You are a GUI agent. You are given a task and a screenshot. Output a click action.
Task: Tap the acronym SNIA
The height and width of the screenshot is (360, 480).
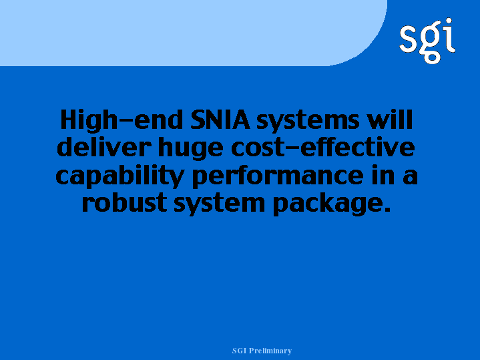220,120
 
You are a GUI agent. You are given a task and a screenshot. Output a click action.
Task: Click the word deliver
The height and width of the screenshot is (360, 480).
103,147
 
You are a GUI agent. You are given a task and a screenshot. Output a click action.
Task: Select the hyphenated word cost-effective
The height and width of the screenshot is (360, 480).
322,147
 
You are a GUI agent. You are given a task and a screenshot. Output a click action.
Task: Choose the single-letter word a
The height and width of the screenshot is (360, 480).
410,177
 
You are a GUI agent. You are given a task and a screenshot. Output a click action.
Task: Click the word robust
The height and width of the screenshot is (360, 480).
124,202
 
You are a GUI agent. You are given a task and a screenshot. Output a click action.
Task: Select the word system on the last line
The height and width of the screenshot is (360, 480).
219,204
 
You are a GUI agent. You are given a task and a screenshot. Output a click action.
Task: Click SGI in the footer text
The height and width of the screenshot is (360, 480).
240,351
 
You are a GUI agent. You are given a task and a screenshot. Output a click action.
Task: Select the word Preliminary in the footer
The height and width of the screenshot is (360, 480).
270,351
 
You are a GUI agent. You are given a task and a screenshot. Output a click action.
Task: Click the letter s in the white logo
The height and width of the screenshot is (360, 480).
408,38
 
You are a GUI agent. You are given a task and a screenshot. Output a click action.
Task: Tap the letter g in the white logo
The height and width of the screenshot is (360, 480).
431,43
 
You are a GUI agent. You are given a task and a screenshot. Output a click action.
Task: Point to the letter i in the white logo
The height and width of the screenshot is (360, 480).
449,35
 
